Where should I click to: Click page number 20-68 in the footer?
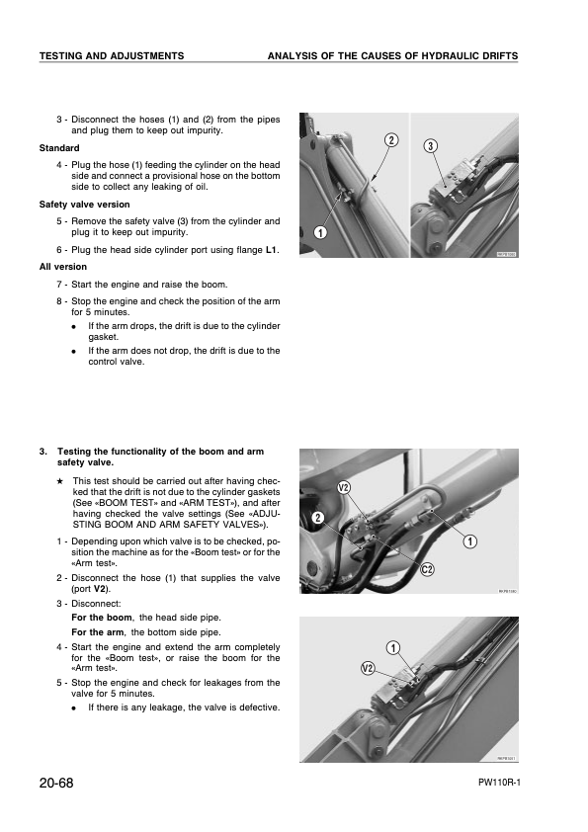click(56, 783)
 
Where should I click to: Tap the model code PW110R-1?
click(499, 784)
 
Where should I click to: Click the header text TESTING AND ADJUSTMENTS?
click(112, 55)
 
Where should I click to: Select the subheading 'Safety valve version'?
click(84, 205)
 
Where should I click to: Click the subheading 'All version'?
click(63, 267)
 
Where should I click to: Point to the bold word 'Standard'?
click(59, 148)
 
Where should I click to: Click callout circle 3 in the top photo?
click(431, 146)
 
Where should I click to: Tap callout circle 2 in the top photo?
click(391, 140)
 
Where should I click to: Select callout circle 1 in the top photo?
click(320, 232)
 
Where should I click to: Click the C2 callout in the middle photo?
click(428, 570)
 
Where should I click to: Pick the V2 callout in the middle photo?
click(344, 487)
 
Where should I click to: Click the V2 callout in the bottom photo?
click(368, 668)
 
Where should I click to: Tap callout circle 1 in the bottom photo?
click(393, 648)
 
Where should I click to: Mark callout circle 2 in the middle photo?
click(318, 518)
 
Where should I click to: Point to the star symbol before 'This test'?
click(60, 481)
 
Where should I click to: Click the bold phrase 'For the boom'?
click(102, 618)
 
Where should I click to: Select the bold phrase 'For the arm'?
click(98, 632)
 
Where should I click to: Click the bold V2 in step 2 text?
click(100, 589)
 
